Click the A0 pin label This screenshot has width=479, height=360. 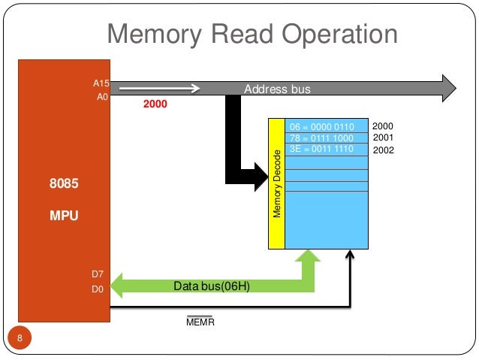pos(103,96)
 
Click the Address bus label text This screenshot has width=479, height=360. pos(277,89)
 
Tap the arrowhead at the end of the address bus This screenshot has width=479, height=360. pos(447,88)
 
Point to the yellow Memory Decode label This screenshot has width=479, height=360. pos(276,184)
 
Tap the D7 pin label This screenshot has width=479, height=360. pos(98,273)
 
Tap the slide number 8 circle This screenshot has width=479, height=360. pos(20,337)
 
